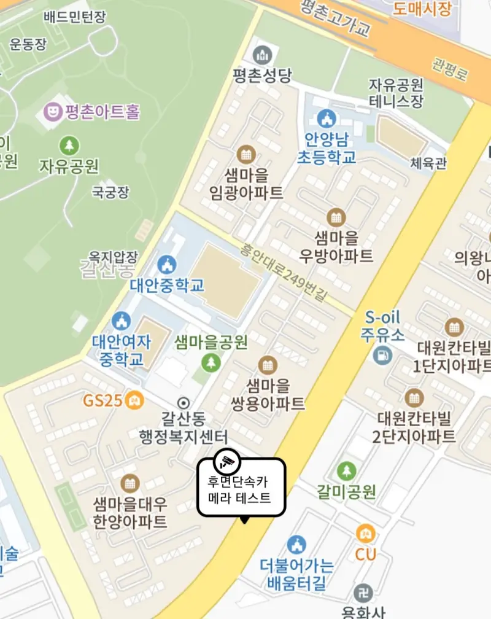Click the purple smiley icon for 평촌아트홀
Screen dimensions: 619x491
point(54,112)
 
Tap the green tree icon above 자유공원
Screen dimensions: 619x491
point(69,146)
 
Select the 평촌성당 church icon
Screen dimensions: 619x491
point(262,55)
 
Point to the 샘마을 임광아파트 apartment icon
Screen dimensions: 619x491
point(246,154)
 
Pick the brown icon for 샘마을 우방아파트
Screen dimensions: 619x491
point(336,217)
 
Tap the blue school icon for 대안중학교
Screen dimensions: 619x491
point(166,265)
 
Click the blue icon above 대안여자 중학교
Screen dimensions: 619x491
point(121,321)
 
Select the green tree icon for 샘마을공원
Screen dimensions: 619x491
point(211,362)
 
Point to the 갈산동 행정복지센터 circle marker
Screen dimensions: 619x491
point(183,403)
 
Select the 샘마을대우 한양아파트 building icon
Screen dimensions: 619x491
point(130,483)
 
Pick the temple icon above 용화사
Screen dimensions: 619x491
point(363,593)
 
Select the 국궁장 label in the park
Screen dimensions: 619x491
point(110,192)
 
